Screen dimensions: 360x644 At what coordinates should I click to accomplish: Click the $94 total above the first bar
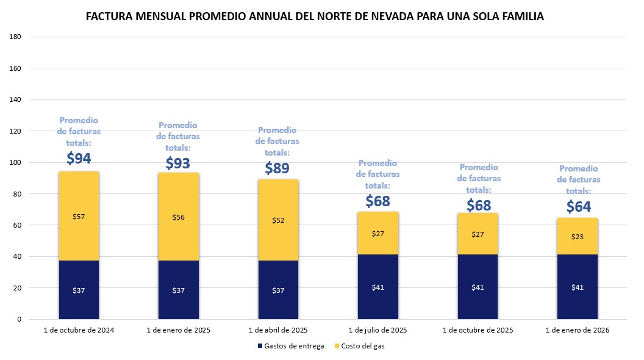(78, 159)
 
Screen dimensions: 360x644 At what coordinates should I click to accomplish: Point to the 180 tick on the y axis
(16, 37)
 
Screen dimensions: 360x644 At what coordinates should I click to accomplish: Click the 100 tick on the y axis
(16, 162)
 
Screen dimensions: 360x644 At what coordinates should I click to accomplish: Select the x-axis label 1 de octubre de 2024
(79, 330)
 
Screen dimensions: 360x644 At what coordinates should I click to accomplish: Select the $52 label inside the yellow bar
(278, 220)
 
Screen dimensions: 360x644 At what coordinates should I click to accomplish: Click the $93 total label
(178, 163)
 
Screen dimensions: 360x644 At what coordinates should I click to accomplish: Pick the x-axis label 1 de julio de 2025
(378, 330)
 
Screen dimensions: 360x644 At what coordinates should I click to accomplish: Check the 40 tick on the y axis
(18, 256)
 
